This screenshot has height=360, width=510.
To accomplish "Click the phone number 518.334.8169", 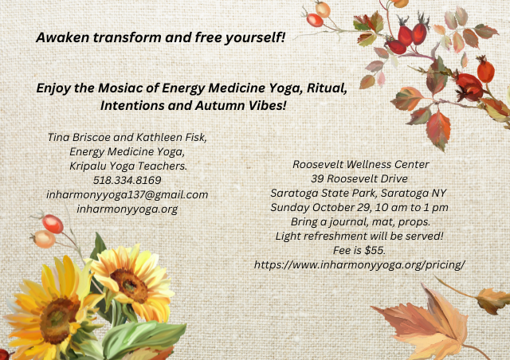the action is coord(127,180).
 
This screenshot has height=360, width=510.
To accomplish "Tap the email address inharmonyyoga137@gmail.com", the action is coord(127,195).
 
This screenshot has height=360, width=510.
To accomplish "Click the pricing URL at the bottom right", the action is coord(359,265).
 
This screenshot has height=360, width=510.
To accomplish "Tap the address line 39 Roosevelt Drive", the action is coord(359,179).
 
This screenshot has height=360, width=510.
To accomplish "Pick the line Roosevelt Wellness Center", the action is coord(361,165).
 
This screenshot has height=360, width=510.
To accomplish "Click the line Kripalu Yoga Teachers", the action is coord(128,166).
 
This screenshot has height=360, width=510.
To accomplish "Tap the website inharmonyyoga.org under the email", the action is coord(127,209).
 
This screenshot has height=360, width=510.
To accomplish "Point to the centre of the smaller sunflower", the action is coord(130,286).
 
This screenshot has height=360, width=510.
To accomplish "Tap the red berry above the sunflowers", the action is coord(53,224).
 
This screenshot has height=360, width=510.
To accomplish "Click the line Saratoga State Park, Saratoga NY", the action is coord(359,194).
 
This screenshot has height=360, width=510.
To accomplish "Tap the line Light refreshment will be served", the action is coord(359,236).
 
